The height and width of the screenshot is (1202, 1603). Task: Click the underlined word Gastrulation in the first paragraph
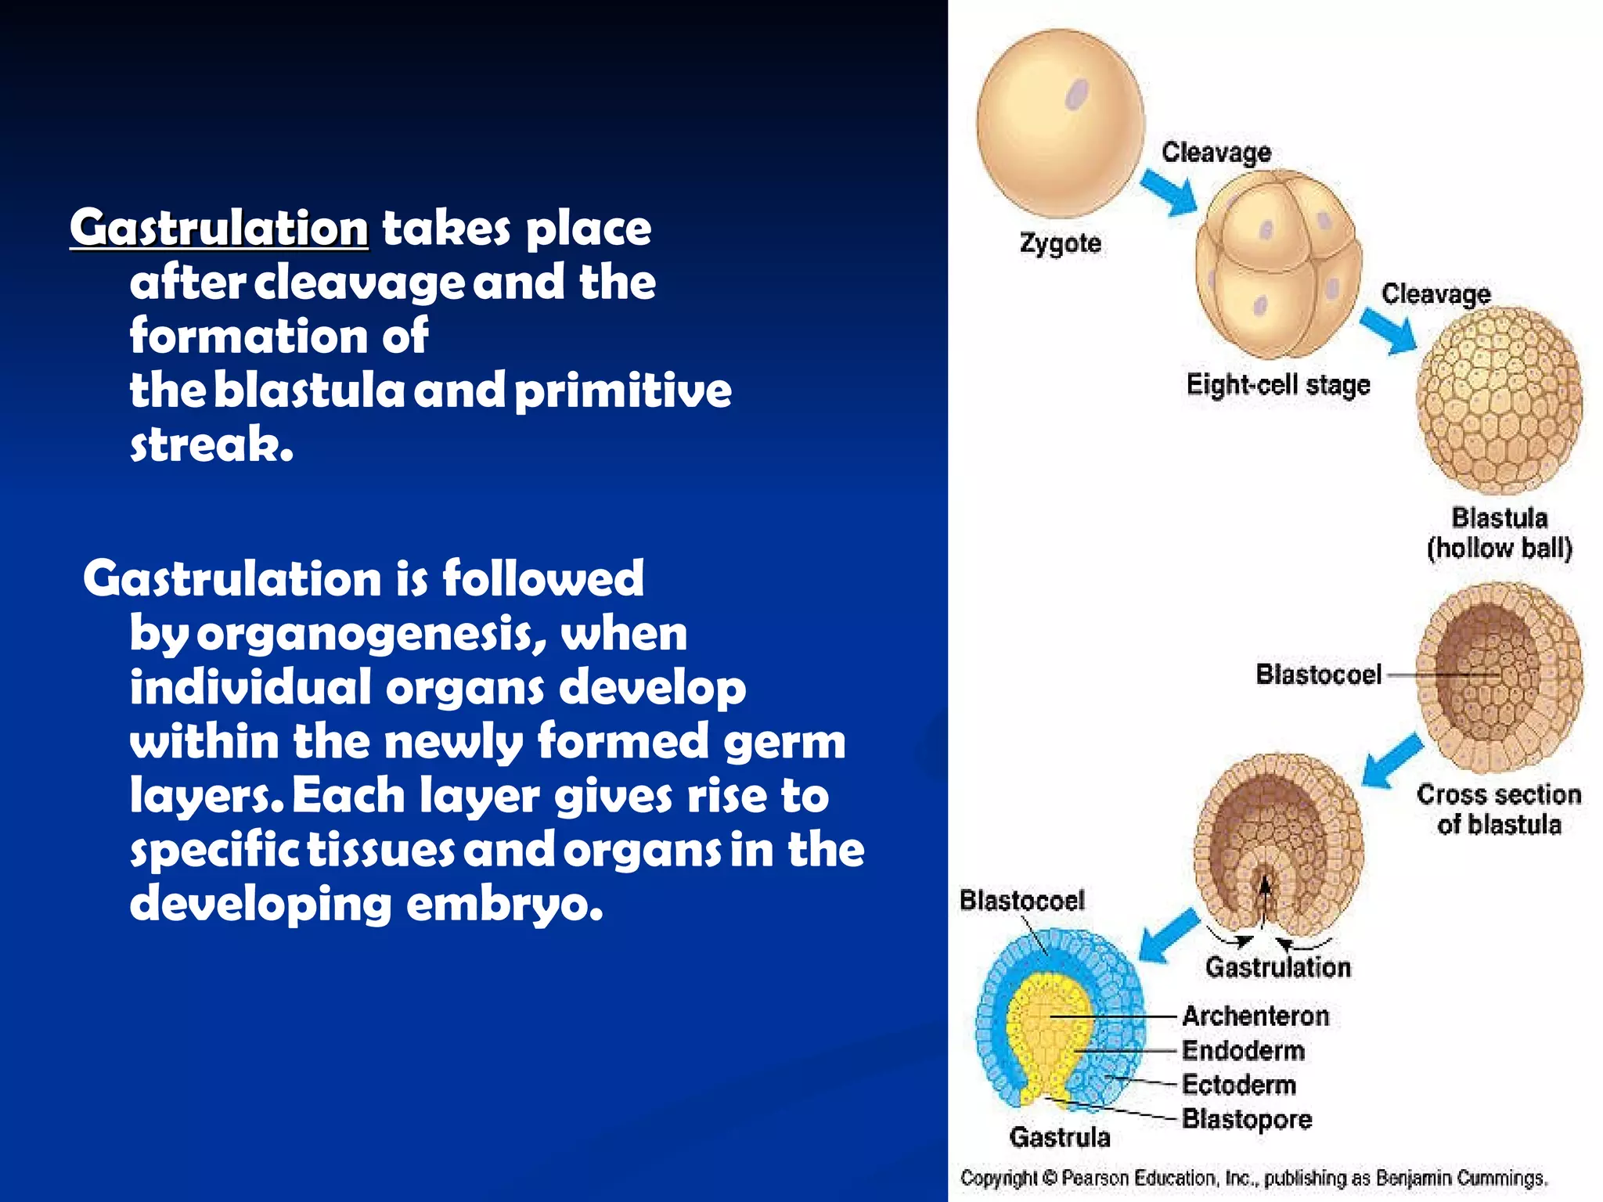coord(218,228)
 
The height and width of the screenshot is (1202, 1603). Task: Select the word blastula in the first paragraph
coord(309,390)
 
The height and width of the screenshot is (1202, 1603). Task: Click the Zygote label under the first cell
coord(1060,243)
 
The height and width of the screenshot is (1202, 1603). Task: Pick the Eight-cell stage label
coord(1277,385)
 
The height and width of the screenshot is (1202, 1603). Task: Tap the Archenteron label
coord(1255,1016)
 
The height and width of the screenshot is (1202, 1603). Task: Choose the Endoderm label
coord(1243,1050)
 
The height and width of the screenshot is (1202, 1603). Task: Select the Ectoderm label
coord(1238,1085)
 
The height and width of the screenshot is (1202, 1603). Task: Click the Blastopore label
coord(1246,1119)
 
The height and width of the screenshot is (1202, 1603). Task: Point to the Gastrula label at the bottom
coord(1059,1137)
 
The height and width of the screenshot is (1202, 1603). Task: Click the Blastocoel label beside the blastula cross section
coord(1318,674)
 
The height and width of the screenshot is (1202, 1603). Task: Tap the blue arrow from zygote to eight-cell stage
coord(1169,192)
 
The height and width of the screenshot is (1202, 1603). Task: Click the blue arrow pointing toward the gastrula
coord(1168,935)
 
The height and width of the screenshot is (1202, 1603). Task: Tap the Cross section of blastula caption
coord(1498,809)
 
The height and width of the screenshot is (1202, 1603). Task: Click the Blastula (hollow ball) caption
coord(1499,533)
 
